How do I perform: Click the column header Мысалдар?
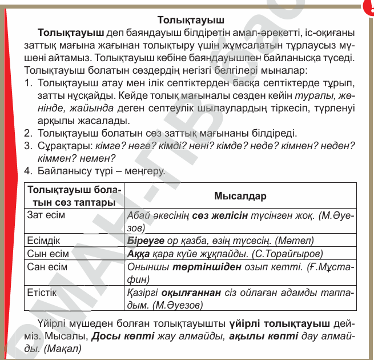click(x=240, y=195)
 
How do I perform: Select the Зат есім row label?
click(x=46, y=215)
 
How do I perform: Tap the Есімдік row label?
click(x=44, y=241)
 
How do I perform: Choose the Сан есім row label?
click(x=47, y=267)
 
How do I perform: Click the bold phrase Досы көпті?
click(x=123, y=335)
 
